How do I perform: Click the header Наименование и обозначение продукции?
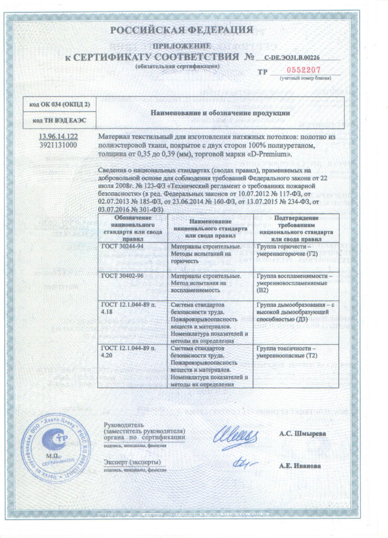(221, 113)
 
